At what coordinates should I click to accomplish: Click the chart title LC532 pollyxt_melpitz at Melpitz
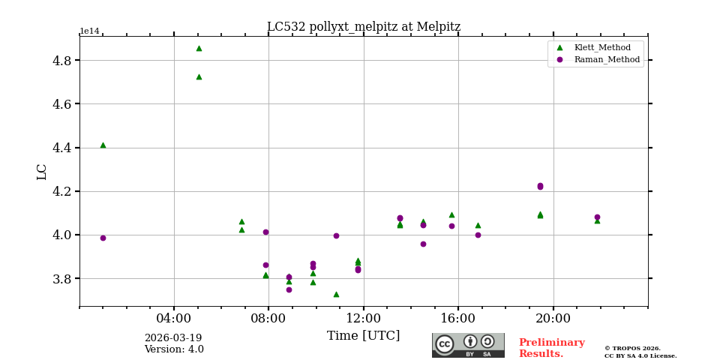pyautogui.click(x=364, y=27)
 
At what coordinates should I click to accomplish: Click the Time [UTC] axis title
pyautogui.click(x=364, y=336)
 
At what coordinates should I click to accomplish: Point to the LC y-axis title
pyautogui.click(x=42, y=172)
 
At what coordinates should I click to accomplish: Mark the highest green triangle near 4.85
pyautogui.click(x=199, y=48)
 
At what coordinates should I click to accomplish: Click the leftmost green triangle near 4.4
pyautogui.click(x=103, y=145)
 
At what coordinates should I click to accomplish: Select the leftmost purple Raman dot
pyautogui.click(x=103, y=238)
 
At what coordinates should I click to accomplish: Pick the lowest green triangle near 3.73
pyautogui.click(x=336, y=294)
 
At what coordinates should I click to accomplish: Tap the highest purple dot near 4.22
pyautogui.click(x=540, y=185)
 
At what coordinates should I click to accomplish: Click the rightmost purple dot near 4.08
pyautogui.click(x=597, y=217)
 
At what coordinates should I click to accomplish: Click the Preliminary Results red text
pyautogui.click(x=551, y=348)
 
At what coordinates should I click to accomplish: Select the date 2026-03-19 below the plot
pyautogui.click(x=173, y=338)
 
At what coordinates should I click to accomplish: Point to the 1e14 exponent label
pyautogui.click(x=89, y=31)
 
